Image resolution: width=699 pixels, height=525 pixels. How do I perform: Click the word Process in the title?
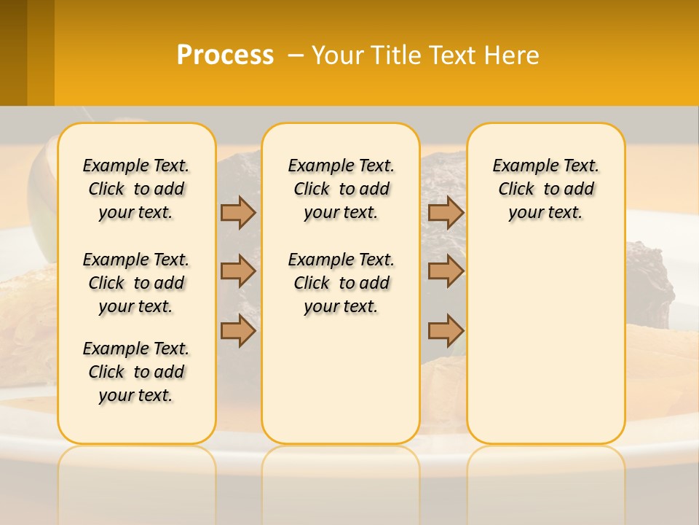click(x=225, y=55)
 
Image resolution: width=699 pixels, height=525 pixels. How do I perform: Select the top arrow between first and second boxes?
click(x=238, y=213)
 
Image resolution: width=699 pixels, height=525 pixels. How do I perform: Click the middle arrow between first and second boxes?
click(x=238, y=272)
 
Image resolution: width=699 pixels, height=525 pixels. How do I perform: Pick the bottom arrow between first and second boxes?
click(x=238, y=330)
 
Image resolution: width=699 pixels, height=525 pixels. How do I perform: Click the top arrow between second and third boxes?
click(x=446, y=213)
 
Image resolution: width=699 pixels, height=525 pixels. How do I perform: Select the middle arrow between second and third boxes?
click(x=446, y=272)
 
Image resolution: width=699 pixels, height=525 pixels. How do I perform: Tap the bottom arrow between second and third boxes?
click(x=446, y=330)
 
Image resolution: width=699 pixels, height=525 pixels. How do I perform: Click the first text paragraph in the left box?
click(x=136, y=189)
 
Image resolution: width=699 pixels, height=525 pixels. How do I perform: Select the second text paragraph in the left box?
click(x=136, y=283)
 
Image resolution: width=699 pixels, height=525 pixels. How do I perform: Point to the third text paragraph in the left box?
click(x=136, y=372)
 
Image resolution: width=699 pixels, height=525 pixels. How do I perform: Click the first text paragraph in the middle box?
click(x=341, y=189)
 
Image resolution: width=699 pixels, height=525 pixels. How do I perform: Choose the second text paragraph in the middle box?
click(x=341, y=283)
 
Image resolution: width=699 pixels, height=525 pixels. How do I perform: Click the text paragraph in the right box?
click(x=545, y=189)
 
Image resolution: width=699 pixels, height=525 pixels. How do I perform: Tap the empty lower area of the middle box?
click(x=341, y=379)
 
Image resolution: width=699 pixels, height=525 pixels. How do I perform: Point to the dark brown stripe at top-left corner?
click(x=13, y=51)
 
